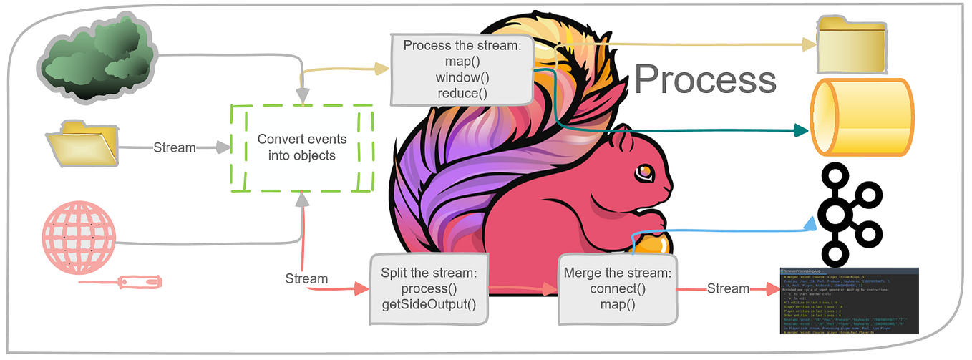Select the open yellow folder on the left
(82, 147)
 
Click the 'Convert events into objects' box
(302, 148)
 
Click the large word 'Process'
(705, 79)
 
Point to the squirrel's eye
(646, 171)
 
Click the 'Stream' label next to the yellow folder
(175, 148)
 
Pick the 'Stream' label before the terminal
(728, 289)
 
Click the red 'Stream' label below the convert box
(306, 278)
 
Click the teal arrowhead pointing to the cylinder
(800, 130)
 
